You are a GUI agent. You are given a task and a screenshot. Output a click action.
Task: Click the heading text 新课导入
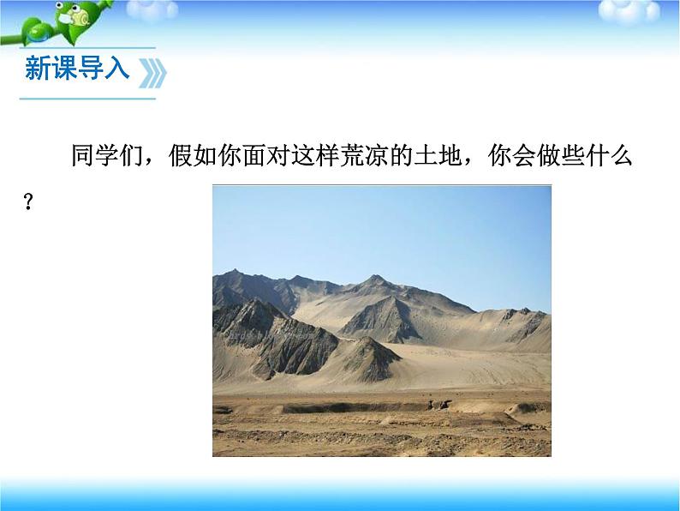[77, 69]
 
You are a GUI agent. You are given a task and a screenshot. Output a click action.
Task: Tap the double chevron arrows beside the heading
[152, 72]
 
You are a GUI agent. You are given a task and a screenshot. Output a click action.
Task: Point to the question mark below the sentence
[28, 203]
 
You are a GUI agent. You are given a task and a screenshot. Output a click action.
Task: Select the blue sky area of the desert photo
[381, 227]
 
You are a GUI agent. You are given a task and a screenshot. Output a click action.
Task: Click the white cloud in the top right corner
[650, 10]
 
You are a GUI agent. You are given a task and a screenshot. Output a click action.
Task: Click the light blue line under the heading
[86, 99]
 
